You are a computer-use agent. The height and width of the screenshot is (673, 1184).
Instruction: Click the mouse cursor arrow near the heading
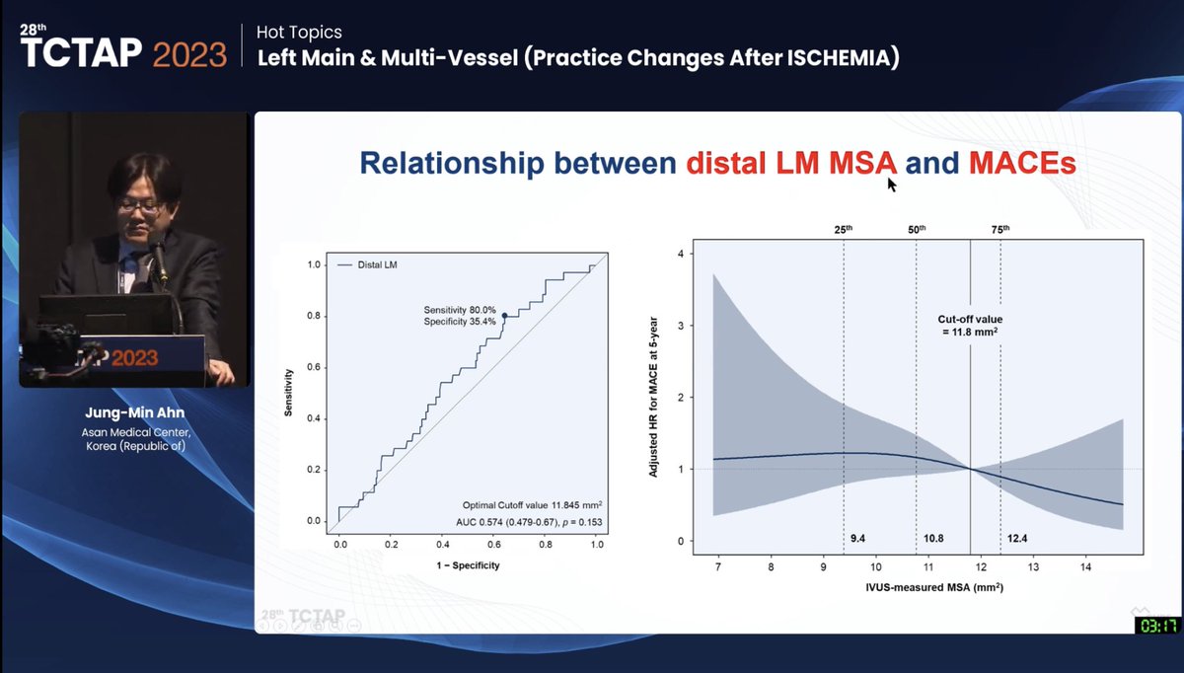click(891, 185)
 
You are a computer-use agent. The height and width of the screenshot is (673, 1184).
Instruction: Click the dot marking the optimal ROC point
click(504, 316)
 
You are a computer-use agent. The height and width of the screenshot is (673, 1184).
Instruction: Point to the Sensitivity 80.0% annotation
click(459, 309)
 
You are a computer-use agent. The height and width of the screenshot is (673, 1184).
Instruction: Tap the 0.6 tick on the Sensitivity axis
click(313, 367)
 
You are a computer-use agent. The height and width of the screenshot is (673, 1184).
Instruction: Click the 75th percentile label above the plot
click(999, 229)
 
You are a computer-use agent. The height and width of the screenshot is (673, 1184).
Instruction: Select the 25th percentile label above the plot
click(843, 229)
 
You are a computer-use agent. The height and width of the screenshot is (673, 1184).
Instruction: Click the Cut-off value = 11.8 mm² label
click(969, 327)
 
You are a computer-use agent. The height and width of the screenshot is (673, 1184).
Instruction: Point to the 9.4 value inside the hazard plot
click(858, 539)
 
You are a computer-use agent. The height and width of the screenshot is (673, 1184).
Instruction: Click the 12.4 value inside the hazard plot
click(1017, 539)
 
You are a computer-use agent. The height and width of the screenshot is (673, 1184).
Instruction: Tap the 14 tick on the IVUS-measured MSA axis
click(1084, 568)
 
